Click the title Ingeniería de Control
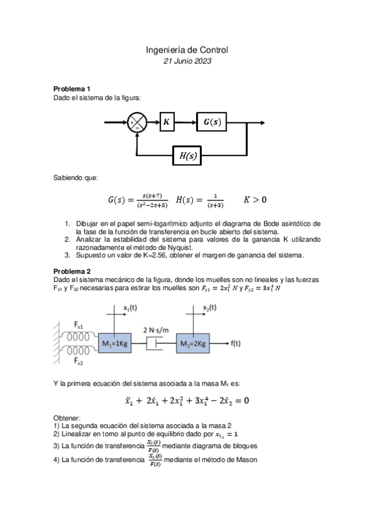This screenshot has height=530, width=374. (x=187, y=49)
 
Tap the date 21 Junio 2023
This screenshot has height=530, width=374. (x=187, y=61)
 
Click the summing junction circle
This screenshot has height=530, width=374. (x=137, y=122)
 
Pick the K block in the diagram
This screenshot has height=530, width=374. (x=167, y=122)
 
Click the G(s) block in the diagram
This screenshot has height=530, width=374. (x=212, y=122)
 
